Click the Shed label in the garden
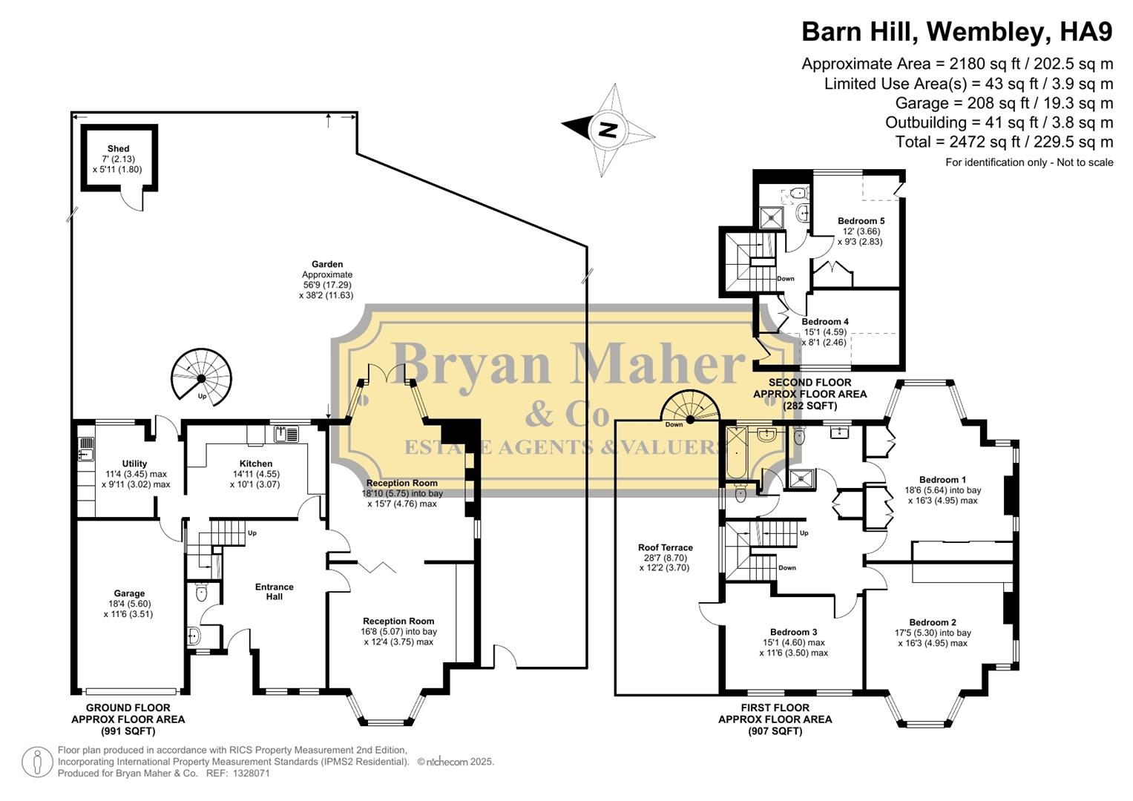point(118,149)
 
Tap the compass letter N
point(608,131)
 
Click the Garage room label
point(129,593)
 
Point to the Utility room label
point(134,464)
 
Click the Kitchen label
point(255,464)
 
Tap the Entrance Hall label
point(275,591)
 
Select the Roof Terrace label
point(665,547)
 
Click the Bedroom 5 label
point(861,221)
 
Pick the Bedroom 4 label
point(825,322)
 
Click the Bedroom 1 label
point(942,480)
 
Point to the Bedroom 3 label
point(793,632)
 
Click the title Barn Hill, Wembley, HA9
point(957,32)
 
